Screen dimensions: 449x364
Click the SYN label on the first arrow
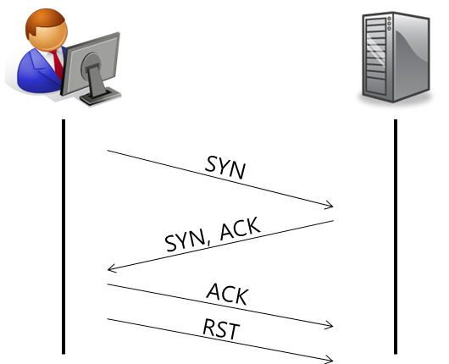coord(225,168)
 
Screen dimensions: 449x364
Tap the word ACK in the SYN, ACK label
coord(240,229)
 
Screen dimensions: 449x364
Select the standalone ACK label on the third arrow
coord(228,295)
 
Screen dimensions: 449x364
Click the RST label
coord(221,329)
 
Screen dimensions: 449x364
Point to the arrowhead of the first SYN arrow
coord(330,205)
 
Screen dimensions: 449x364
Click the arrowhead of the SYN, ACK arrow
coord(112,268)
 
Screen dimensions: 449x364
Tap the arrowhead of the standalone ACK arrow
coord(330,325)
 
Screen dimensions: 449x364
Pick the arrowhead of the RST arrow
coord(330,360)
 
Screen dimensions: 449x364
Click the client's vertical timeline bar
coord(64,237)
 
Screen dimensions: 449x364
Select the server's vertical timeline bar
coord(396,237)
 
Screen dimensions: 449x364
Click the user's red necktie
coord(58,64)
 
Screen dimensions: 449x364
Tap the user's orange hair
coord(43,20)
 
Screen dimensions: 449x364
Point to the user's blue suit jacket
coord(37,74)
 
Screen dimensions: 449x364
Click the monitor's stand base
coord(100,97)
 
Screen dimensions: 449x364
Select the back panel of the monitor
coord(91,63)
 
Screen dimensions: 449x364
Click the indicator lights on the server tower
coord(389,24)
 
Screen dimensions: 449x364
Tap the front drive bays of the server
coord(376,56)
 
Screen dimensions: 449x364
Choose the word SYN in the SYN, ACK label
coord(186,242)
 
